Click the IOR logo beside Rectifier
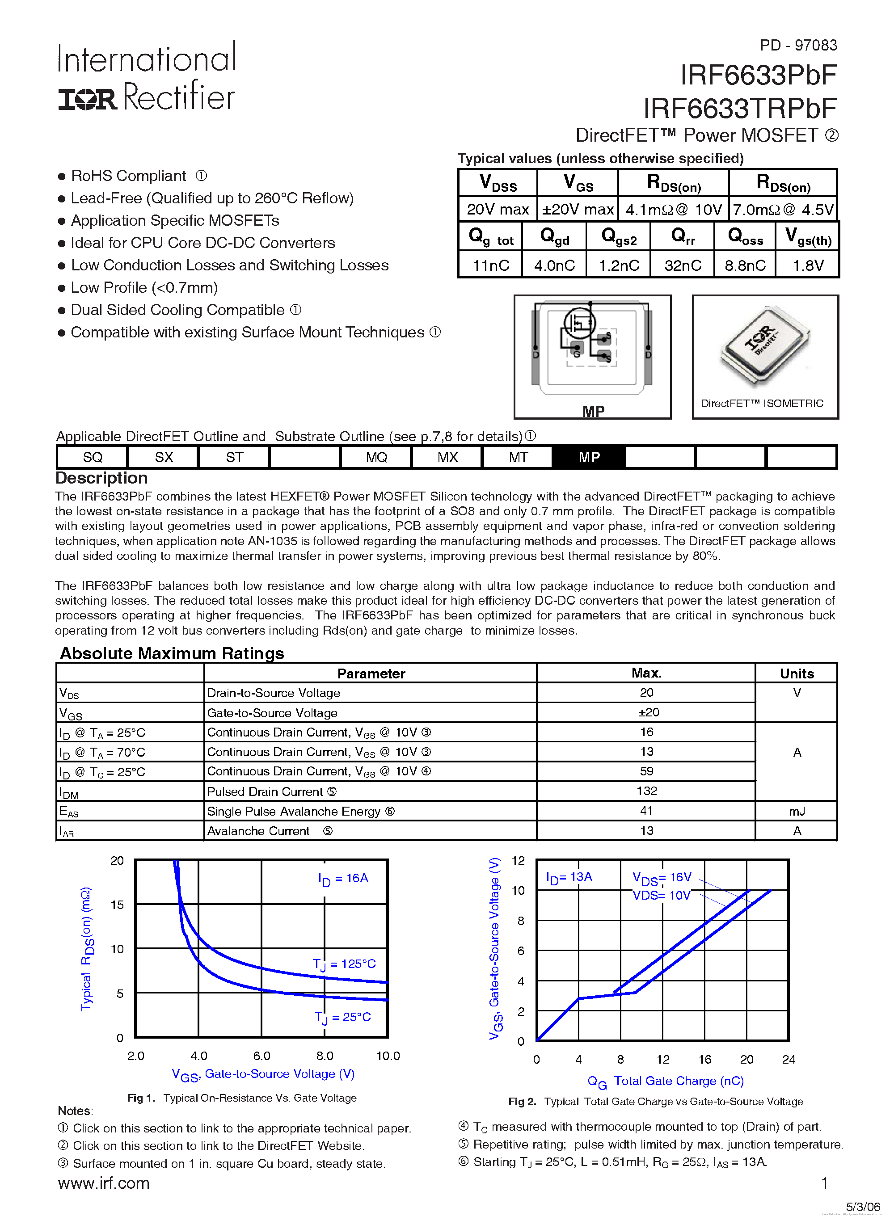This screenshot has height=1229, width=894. pos(87,100)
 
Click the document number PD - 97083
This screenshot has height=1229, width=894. pos(797,45)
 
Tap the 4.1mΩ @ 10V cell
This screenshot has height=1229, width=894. pos(673,210)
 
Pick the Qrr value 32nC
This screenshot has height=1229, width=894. pos(682,265)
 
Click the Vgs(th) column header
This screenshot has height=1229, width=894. pos(807,237)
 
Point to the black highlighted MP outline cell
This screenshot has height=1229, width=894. pos(589,457)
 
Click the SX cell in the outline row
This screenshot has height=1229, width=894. pos(164,457)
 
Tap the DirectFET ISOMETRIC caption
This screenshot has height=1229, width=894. pos(761,403)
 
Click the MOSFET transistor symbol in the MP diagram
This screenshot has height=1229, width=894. pos(580,324)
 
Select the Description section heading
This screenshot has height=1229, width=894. pos(101,478)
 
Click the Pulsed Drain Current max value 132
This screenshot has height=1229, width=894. pos(646,791)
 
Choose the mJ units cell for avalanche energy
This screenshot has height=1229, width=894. pos(797,811)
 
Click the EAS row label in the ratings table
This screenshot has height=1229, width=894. pos(69,812)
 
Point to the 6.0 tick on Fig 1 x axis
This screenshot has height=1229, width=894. pos(261,1056)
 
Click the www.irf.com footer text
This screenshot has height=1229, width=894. pos(104,1183)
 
